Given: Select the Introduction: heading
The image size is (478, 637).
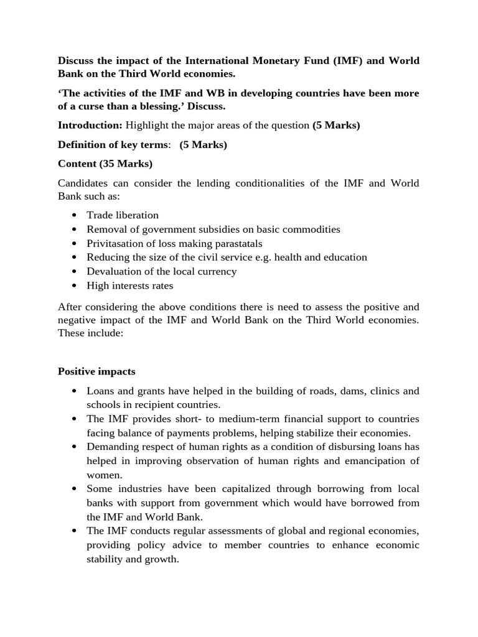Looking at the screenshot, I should pos(90,125).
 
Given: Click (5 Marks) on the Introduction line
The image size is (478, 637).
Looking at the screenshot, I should pos(336,125).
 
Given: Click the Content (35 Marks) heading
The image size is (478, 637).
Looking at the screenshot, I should pos(105,164).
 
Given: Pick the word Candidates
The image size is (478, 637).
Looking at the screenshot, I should pos(83,184).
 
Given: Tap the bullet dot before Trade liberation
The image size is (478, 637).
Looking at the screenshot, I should pos(74,215).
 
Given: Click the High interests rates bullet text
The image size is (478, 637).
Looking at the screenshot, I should pos(130,286).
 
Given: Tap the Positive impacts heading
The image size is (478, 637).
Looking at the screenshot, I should pos(96,371).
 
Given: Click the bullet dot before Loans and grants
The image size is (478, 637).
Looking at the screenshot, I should pos(74,391).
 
